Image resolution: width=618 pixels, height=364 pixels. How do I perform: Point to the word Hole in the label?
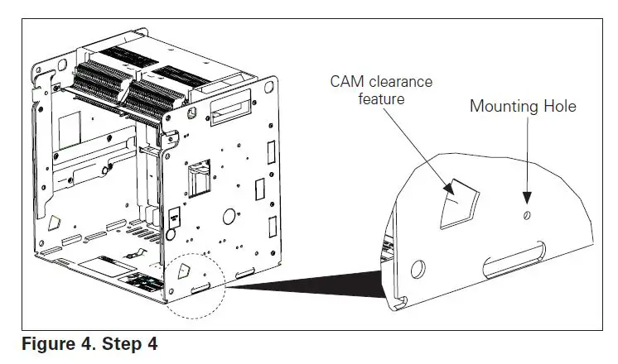(558, 106)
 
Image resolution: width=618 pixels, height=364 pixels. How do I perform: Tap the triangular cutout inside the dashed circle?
(185, 270)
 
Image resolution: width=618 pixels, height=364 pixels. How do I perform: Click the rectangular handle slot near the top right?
(229, 110)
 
